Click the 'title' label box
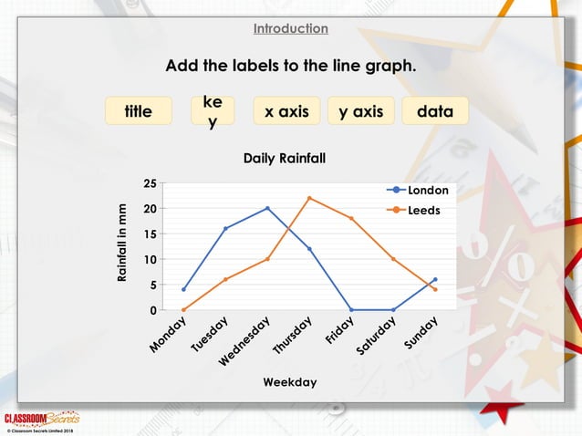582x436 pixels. (x=139, y=111)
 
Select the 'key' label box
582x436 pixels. (x=213, y=111)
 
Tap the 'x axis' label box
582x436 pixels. (x=286, y=111)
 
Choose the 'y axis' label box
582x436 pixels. (x=361, y=111)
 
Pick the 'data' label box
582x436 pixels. (x=435, y=111)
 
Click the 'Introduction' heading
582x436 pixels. (x=291, y=28)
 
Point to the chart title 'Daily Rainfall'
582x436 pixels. (x=284, y=159)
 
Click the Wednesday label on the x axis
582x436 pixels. (x=244, y=341)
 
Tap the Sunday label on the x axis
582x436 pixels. (x=422, y=333)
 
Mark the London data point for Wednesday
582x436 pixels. (x=267, y=208)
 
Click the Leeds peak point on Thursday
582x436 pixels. (x=309, y=198)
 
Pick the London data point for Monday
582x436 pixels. (x=183, y=290)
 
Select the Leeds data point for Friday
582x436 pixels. (x=351, y=218)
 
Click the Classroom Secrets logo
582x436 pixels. (x=43, y=419)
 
